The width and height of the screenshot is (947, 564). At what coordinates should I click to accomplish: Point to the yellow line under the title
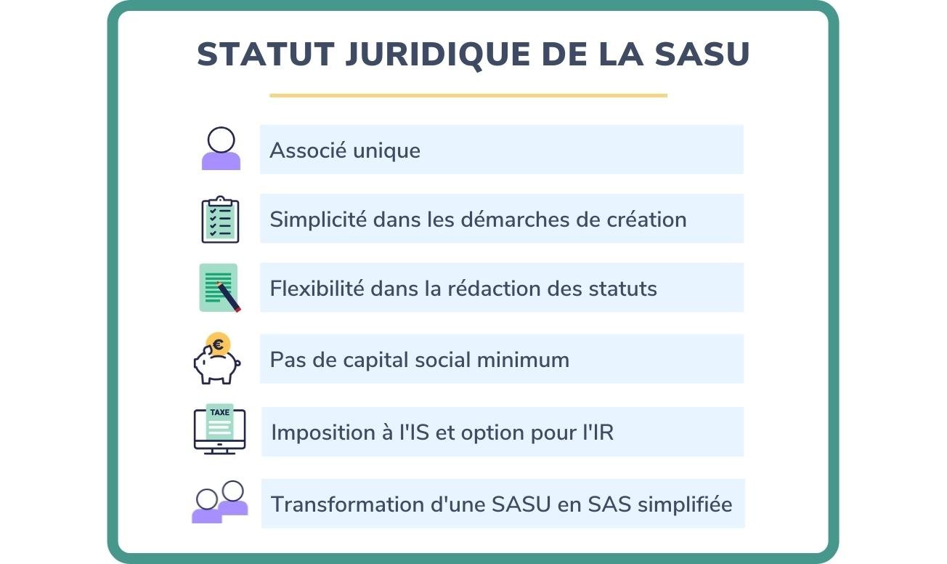point(468,95)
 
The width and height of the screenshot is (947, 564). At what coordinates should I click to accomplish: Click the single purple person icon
point(221,149)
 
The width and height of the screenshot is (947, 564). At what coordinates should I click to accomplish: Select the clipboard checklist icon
point(220,219)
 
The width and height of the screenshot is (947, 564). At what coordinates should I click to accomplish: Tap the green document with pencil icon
point(219,288)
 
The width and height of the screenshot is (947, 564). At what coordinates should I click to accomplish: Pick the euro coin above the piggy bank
point(218,342)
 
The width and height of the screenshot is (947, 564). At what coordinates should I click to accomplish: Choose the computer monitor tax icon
point(219,430)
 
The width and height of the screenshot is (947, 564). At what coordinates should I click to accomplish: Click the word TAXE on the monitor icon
point(219,413)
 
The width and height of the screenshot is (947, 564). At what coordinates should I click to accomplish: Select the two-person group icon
point(220,502)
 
